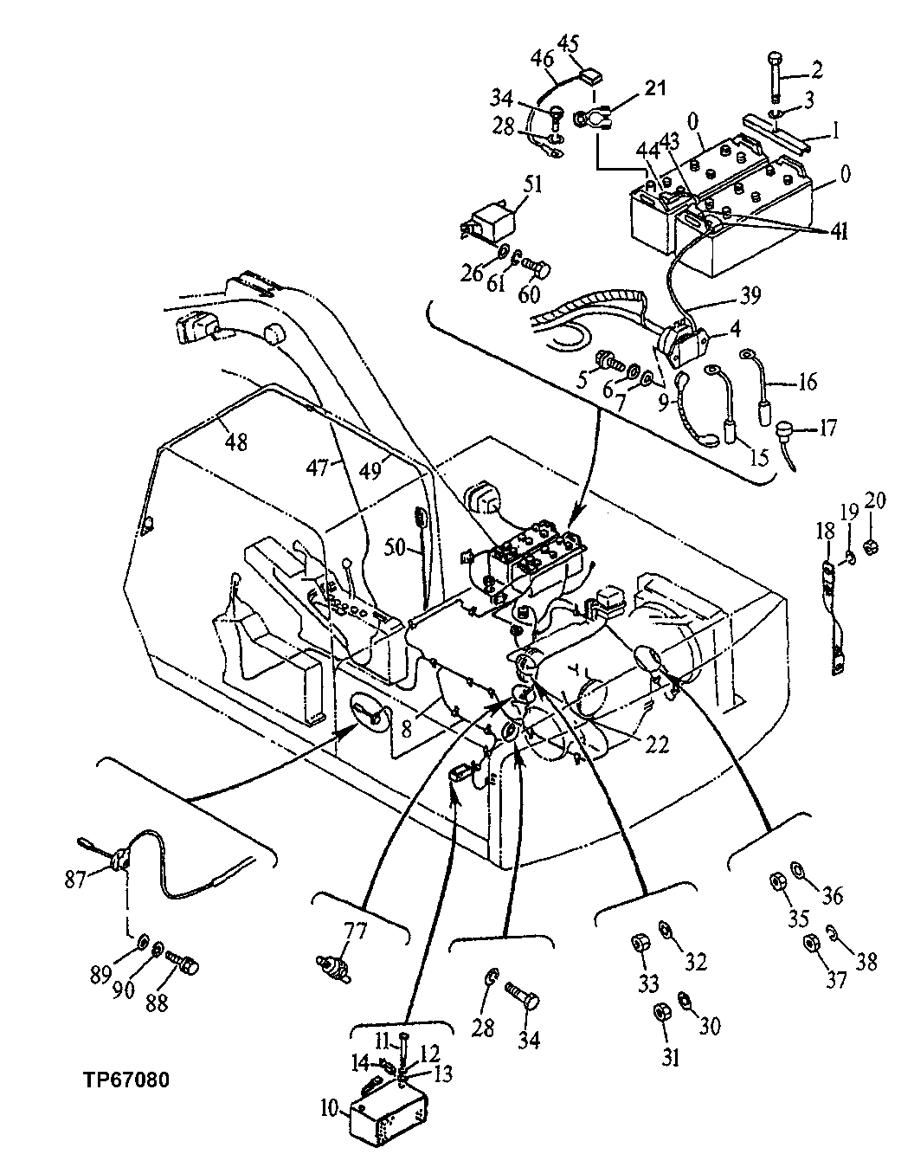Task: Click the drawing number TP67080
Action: (x=126, y=1080)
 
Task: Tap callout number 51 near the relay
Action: (x=532, y=185)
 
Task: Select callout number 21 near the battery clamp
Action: (x=654, y=88)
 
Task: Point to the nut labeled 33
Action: (x=642, y=942)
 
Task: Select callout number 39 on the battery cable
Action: (x=750, y=296)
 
